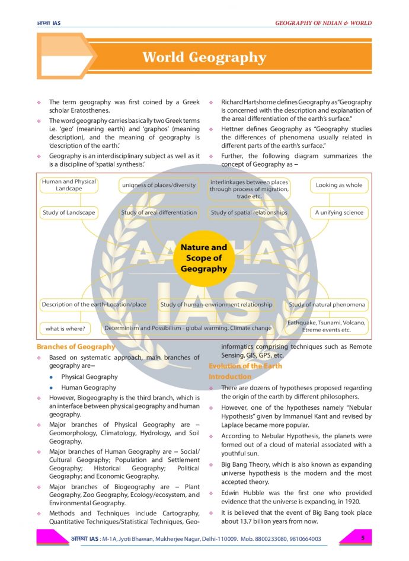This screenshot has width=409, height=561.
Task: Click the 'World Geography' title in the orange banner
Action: point(204,58)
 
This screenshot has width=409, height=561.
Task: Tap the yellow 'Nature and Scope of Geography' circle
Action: point(203,258)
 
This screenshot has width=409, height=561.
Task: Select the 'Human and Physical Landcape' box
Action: point(69,185)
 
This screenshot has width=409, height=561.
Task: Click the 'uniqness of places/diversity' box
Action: point(159,185)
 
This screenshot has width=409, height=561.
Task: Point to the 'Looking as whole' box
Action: point(338,185)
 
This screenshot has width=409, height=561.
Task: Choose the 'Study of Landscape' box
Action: point(69,212)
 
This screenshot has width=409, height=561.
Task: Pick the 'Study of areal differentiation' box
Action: point(159,212)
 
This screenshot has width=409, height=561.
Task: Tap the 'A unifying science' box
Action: point(338,212)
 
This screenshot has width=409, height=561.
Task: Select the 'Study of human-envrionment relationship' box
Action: point(216,305)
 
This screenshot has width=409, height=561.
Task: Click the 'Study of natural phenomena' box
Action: point(327,305)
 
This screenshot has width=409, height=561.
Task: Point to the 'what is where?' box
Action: point(65,328)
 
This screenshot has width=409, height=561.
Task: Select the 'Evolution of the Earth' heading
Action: point(245,366)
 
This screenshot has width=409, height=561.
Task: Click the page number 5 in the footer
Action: point(362,537)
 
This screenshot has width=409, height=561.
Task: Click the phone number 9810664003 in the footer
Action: point(302,539)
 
